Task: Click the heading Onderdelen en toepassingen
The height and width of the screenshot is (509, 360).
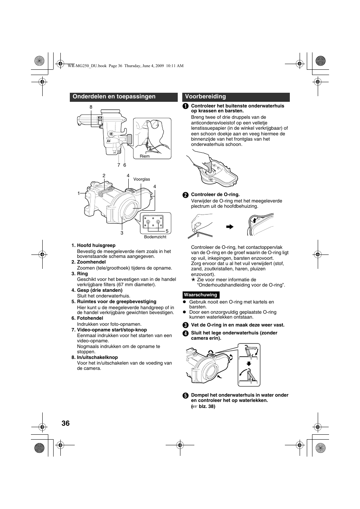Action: click(x=114, y=97)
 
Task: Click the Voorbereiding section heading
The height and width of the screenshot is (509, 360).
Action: click(x=205, y=97)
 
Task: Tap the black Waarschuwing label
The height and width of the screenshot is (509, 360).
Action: click(x=200, y=295)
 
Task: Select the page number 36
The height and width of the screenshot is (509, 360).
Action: click(x=65, y=423)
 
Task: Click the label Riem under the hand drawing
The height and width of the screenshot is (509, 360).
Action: click(x=145, y=156)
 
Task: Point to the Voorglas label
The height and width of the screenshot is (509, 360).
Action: click(x=142, y=179)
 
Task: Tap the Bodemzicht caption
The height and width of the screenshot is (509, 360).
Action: click(x=155, y=237)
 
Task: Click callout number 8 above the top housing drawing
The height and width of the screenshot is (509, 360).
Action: click(x=91, y=107)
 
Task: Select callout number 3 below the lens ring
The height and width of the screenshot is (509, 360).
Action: click(x=122, y=233)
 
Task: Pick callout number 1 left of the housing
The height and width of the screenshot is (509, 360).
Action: click(x=79, y=193)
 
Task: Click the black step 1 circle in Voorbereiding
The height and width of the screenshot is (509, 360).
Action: click(x=185, y=106)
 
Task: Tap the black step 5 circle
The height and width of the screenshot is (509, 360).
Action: click(x=185, y=396)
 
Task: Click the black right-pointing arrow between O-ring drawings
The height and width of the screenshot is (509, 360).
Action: click(x=230, y=227)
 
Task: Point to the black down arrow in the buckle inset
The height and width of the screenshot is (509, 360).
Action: click(x=249, y=363)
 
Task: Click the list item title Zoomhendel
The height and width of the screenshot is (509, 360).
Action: click(x=92, y=262)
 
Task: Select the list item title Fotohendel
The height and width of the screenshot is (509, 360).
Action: click(x=90, y=318)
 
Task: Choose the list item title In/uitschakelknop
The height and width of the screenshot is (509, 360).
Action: click(x=97, y=357)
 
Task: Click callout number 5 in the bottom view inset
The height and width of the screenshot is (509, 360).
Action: click(x=167, y=231)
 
